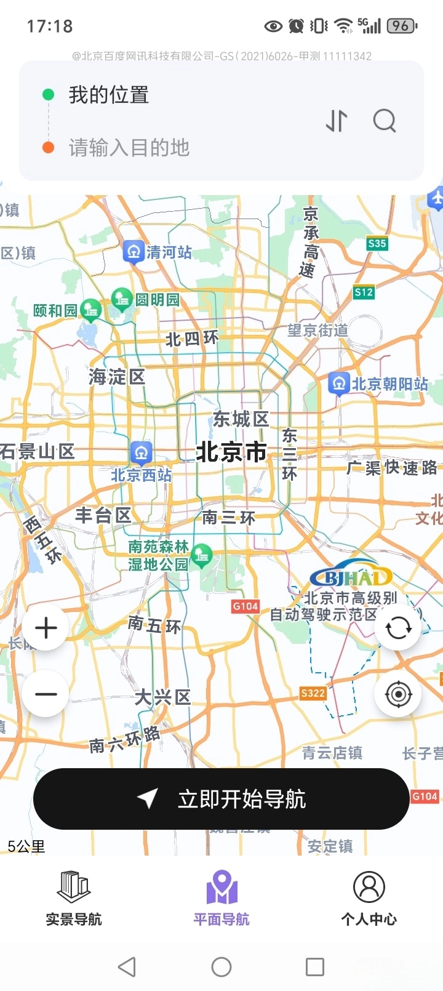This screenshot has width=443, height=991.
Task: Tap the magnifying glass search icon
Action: [385, 121]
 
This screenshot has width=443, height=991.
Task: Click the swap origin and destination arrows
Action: [337, 121]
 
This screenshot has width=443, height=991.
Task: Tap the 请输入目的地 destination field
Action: [129, 148]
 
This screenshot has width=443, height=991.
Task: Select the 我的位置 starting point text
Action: [109, 95]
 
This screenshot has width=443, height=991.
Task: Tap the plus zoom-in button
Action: [46, 628]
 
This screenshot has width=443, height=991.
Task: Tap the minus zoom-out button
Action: [46, 694]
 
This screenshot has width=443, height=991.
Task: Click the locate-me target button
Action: [398, 694]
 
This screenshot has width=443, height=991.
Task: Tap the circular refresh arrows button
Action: [398, 628]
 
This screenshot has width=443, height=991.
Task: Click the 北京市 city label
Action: [231, 452]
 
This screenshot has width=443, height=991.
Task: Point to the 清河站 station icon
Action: [133, 252]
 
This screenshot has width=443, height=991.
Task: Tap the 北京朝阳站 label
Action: [389, 383]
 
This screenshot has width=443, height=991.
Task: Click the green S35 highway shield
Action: [377, 244]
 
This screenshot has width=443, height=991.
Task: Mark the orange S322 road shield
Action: [313, 693]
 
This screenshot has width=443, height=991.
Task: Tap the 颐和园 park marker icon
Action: [91, 310]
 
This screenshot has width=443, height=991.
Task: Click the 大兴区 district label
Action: [162, 697]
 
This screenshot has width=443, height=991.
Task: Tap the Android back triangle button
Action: [127, 966]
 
